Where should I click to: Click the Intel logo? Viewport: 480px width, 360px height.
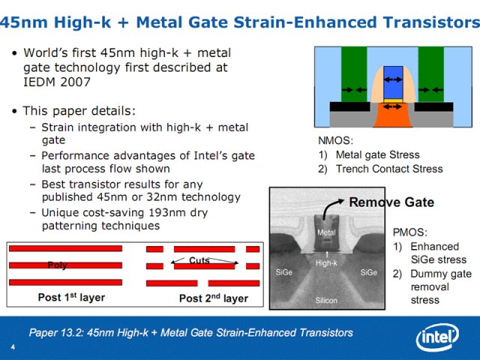coord(437,337)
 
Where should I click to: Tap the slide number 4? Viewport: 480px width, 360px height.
coord(13,346)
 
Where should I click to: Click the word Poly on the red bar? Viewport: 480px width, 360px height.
coord(57,265)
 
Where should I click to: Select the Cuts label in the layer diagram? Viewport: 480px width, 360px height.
coord(199,260)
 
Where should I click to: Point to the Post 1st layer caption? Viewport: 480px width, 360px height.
coord(71,297)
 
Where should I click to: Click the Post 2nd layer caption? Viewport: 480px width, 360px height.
coord(214,298)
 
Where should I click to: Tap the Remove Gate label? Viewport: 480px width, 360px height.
coord(391,202)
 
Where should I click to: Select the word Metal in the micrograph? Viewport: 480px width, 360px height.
coord(326,232)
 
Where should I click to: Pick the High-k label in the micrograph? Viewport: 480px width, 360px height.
coord(326,263)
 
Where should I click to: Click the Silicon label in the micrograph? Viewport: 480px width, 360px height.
coord(326,301)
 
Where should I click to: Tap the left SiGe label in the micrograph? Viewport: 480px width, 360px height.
coord(283,272)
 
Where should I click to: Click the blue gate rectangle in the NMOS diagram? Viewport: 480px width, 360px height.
coord(393,82)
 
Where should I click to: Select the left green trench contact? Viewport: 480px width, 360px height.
coord(354,74)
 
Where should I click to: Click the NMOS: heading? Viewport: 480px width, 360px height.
coord(336,140)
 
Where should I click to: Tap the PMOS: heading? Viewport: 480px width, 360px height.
coord(410,232)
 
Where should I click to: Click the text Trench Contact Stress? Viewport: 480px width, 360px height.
coord(389,169)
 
